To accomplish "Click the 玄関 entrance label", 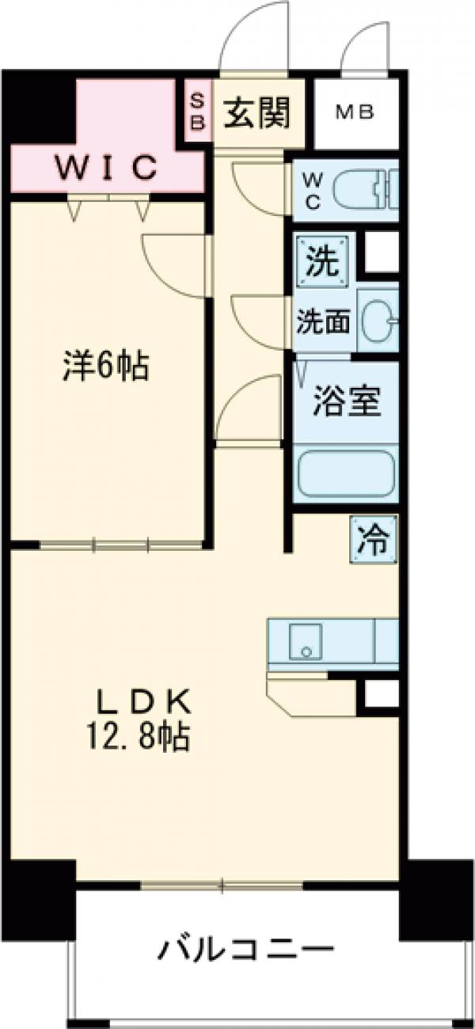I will coord(256,113).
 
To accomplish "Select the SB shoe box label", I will coord(198,112).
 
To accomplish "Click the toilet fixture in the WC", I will coord(364,189).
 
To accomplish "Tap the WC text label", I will coord(311,190).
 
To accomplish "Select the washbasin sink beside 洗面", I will coord(378,321).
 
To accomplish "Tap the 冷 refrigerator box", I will coord(372,540).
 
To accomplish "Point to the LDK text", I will coord(143,702).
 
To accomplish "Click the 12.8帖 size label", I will coord(143,739).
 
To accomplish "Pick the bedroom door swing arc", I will coord(173,265).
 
